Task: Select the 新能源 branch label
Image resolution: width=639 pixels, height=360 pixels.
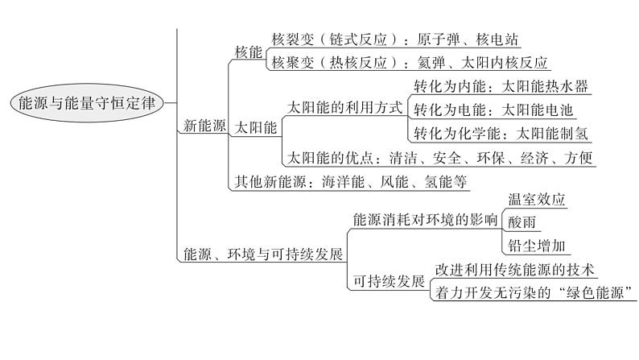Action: tap(204, 125)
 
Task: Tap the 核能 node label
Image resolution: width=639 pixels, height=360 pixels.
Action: tap(248, 52)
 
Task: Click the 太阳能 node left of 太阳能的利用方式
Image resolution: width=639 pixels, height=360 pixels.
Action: tap(256, 127)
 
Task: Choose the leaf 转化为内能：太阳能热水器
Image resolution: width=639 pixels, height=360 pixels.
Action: tap(501, 86)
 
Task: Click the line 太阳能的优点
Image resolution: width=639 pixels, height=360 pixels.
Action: tap(439, 157)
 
